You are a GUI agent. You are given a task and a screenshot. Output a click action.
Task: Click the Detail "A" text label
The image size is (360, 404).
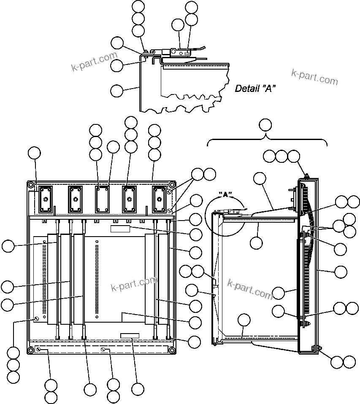point(255,89)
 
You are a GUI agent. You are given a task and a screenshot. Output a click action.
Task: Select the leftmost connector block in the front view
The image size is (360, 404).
point(45,199)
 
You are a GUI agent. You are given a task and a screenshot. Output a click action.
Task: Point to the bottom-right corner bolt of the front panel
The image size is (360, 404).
point(172,350)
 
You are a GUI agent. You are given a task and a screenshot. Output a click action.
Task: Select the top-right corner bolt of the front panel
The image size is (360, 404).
point(172,185)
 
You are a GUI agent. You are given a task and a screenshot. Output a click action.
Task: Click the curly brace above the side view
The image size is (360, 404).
point(267,140)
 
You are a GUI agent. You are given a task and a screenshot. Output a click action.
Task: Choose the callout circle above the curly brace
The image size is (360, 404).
point(265,125)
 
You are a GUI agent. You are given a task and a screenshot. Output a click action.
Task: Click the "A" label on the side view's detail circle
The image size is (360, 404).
point(225,195)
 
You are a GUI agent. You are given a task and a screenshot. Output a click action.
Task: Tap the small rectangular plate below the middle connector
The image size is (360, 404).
point(120,228)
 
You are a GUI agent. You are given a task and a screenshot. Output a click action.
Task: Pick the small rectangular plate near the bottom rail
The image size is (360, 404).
point(129,335)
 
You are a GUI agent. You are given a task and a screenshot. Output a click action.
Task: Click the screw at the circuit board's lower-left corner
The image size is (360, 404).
point(37,319)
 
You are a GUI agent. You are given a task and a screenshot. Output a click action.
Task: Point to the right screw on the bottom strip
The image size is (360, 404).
point(103,349)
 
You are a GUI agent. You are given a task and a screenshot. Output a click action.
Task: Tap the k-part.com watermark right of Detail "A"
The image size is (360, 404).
point(314,76)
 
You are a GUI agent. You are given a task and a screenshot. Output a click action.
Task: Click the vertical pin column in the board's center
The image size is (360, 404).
point(97,278)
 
